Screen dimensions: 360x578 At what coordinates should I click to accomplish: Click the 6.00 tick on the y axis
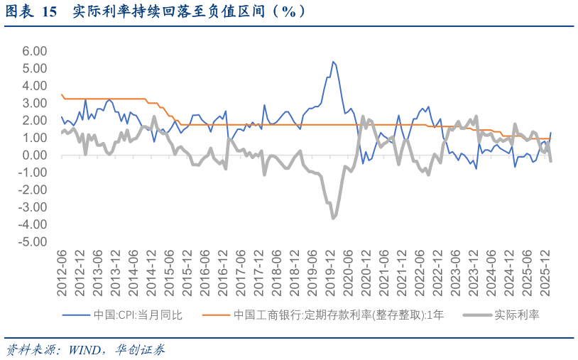(x=34, y=51)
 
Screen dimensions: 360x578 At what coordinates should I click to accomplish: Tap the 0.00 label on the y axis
(x=34, y=155)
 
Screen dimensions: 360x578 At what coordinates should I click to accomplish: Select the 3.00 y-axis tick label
(x=34, y=103)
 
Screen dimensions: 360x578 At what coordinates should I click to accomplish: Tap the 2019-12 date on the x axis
(x=330, y=273)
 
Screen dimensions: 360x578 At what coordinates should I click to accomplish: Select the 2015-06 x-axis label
(x=169, y=273)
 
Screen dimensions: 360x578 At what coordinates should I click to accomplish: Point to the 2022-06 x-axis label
(x=420, y=273)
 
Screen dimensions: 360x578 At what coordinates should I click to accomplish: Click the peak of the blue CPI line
(x=333, y=62)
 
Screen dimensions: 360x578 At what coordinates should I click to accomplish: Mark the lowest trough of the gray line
(x=333, y=218)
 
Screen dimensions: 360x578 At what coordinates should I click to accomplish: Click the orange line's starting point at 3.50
(x=62, y=94)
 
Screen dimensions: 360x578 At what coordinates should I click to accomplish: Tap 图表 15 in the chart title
(x=31, y=11)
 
